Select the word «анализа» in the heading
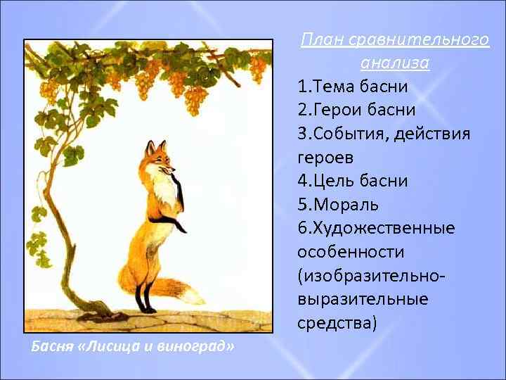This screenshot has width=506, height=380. coord(394,63)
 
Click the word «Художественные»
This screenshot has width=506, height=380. coord(387,228)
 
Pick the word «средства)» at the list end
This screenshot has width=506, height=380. coord(337,323)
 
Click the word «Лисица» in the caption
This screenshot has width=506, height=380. coord(103,347)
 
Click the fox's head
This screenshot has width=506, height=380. coord(158,158)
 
